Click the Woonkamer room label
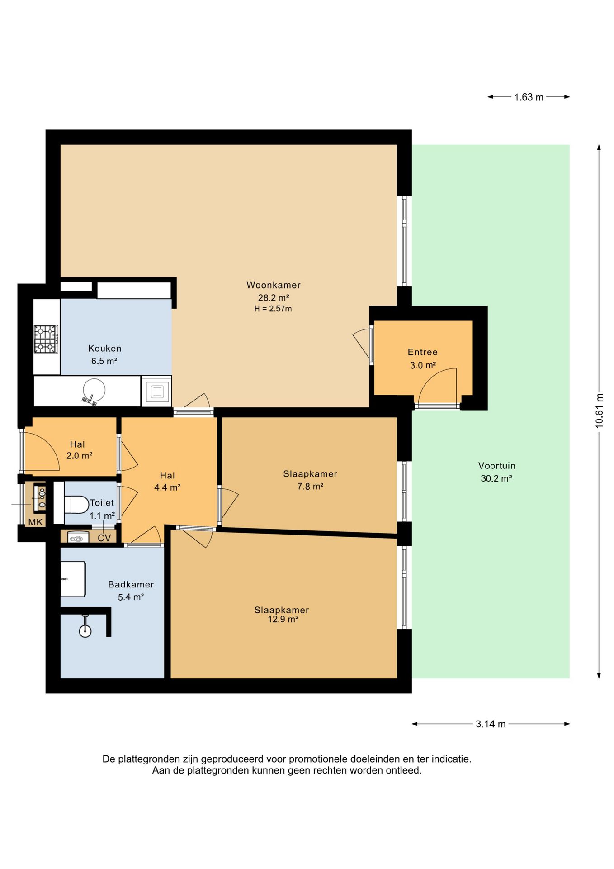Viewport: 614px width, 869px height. [x=274, y=285]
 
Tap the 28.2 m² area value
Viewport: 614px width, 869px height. [x=274, y=298]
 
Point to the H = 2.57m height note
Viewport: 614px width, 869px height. [x=273, y=309]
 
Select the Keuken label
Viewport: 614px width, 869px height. [x=104, y=349]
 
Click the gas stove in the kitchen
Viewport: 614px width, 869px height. [x=46, y=339]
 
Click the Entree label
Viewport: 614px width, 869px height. [x=423, y=352]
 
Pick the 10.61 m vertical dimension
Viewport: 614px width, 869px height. [x=600, y=411]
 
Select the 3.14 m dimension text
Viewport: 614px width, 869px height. [x=491, y=724]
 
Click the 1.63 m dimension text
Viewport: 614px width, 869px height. [x=529, y=97]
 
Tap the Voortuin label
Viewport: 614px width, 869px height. [x=497, y=466]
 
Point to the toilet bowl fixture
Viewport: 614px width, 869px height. [x=76, y=504]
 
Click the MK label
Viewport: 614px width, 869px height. [x=35, y=522]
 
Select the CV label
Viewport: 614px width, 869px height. [x=104, y=538]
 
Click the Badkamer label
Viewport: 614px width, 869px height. [x=131, y=585]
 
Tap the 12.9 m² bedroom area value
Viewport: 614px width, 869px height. [x=283, y=620]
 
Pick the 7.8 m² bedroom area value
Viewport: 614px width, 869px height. [x=310, y=487]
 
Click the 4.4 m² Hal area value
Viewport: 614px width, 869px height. [x=167, y=487]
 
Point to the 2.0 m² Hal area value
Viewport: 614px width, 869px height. [x=79, y=456]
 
